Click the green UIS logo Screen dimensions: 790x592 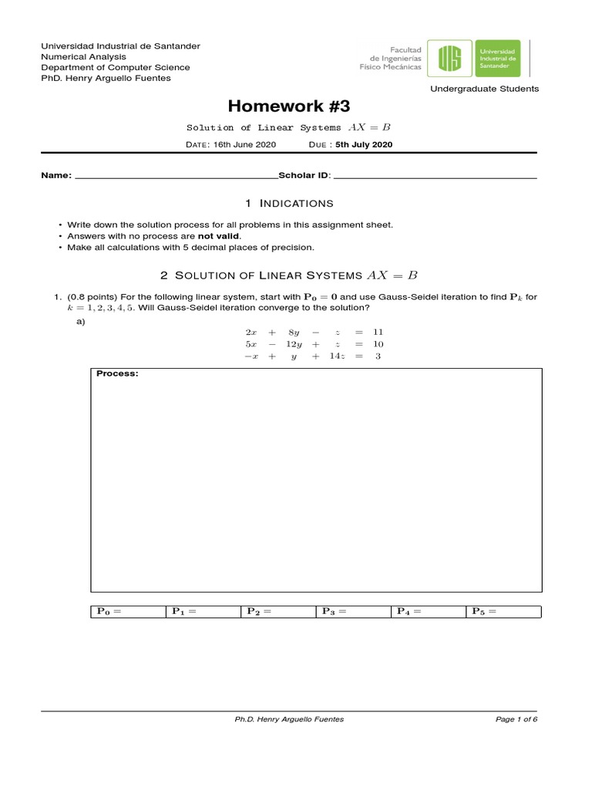452,59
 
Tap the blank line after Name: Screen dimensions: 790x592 175,176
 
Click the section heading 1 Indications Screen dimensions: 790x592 289,203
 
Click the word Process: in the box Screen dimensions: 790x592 118,374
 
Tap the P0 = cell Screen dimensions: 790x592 128,612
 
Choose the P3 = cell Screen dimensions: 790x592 353,612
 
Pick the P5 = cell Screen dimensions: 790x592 503,612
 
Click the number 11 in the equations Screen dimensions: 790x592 378,332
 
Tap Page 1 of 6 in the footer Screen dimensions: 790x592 516,719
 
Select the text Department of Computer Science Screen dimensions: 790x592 115,67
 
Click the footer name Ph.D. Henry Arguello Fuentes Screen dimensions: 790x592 289,719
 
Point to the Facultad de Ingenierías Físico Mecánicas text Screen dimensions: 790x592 391,59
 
